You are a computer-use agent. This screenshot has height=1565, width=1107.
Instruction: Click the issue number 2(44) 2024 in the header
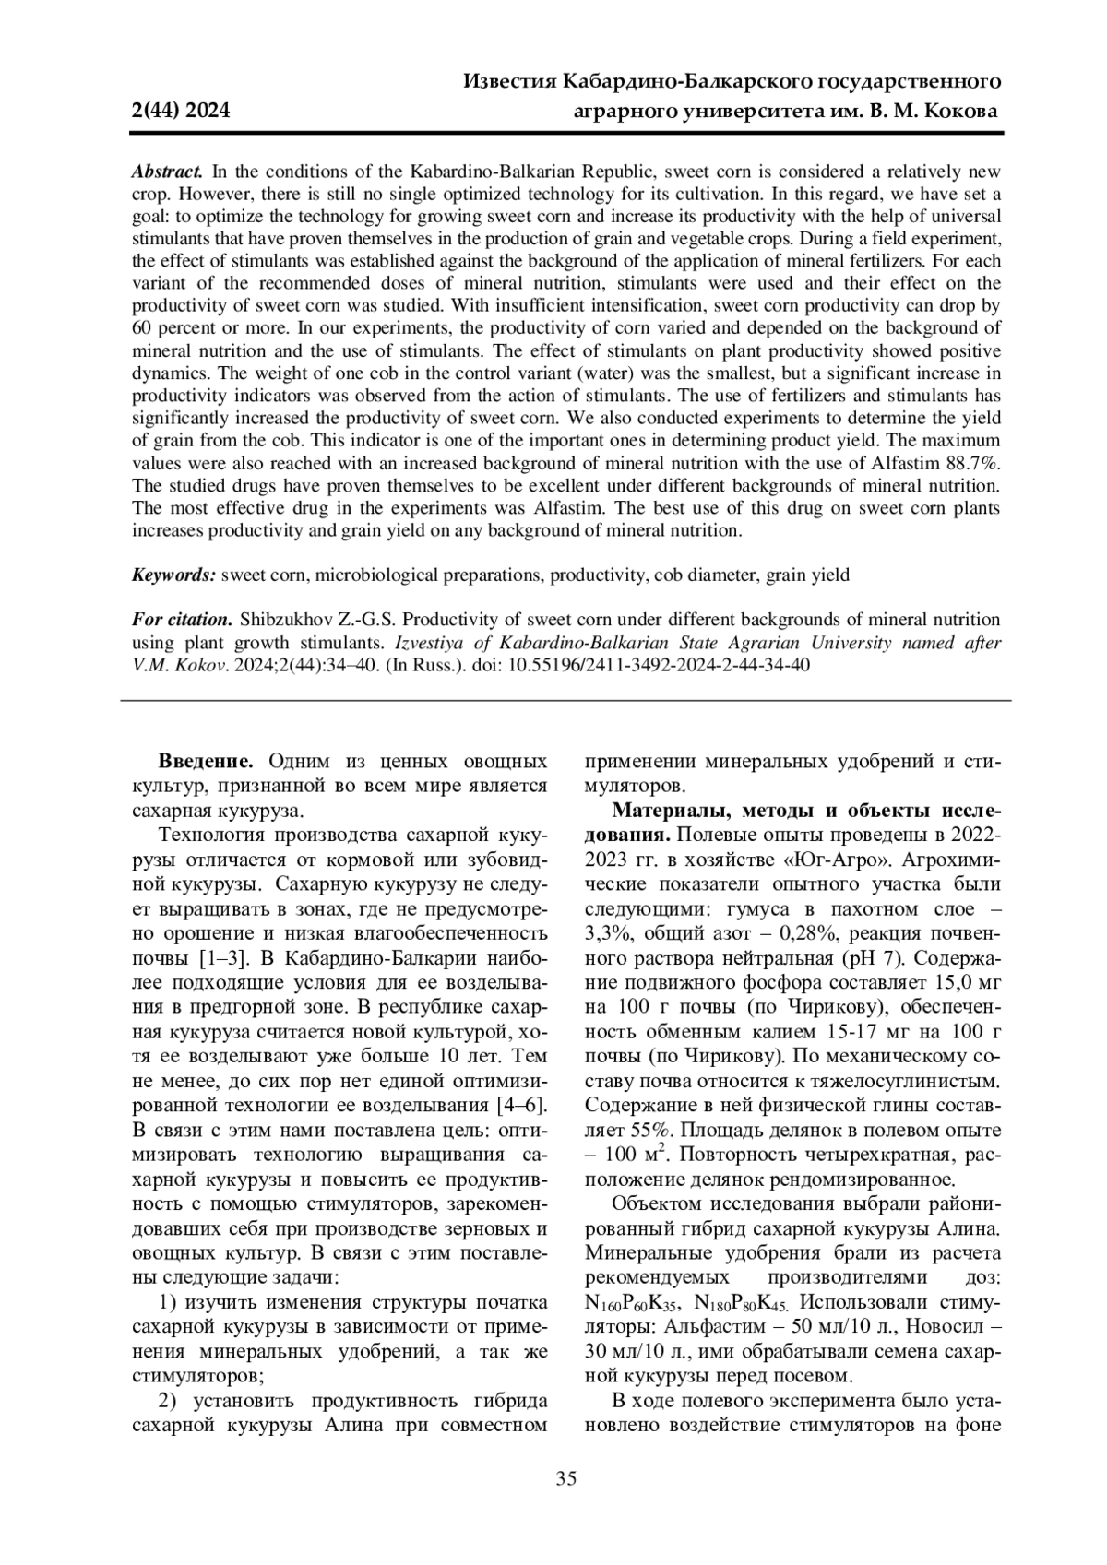tap(181, 113)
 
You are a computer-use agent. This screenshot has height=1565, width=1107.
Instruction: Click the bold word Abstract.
tap(167, 172)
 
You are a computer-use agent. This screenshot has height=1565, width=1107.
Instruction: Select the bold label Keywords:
tap(174, 575)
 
